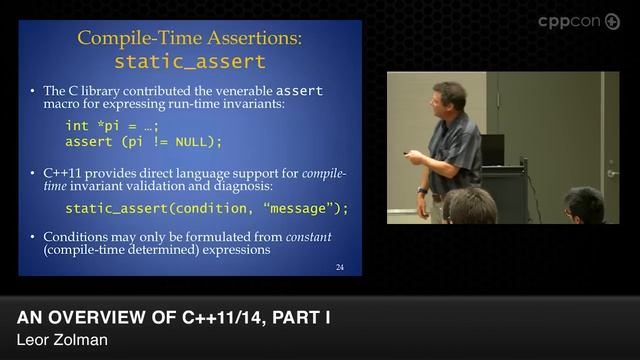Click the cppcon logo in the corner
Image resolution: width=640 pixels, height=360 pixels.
[578, 21]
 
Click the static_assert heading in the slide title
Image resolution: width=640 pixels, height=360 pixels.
[189, 61]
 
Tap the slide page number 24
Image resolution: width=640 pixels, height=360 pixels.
[340, 267]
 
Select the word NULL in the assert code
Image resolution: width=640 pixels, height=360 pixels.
[194, 141]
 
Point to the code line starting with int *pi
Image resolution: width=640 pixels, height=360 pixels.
[112, 125]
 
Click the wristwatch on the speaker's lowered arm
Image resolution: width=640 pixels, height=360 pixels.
[423, 190]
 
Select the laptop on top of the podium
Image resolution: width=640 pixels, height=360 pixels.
[492, 149]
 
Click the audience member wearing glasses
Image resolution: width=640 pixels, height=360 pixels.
[582, 206]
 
